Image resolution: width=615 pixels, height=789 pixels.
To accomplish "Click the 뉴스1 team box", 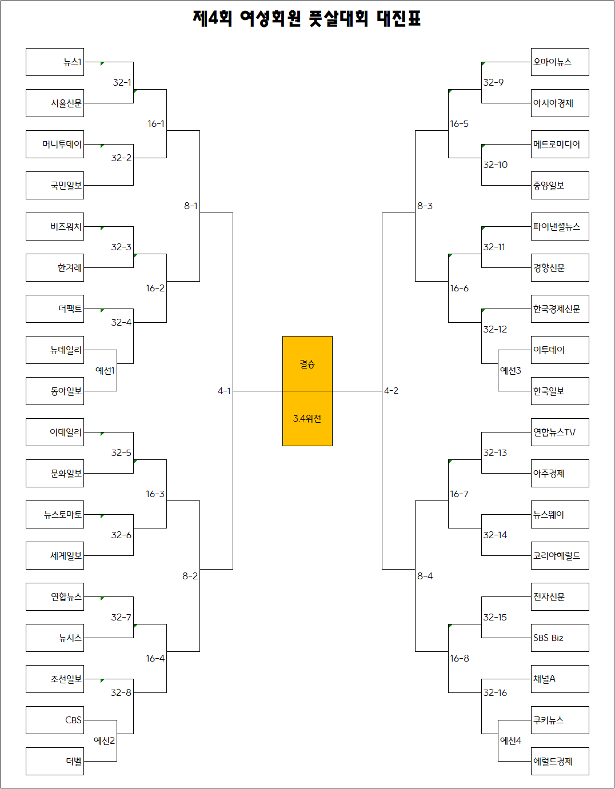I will tap(55, 62).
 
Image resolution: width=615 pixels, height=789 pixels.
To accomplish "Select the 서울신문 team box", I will tap(55, 103).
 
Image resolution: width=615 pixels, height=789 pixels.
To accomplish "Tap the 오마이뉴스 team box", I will tap(560, 62).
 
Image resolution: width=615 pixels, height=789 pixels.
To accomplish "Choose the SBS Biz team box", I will tap(560, 638).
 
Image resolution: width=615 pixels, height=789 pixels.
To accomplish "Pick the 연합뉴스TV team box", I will tap(560, 432).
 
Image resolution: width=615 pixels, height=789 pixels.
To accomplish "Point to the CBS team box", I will tap(55, 720).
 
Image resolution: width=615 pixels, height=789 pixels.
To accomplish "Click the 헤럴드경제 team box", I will tap(560, 762).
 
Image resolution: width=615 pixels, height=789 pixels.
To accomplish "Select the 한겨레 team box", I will tap(55, 268).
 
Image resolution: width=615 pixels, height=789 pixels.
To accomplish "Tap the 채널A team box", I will tap(560, 679).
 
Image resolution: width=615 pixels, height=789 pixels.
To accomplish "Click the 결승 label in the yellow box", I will tap(307, 364).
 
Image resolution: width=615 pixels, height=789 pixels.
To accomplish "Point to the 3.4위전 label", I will tap(307, 419).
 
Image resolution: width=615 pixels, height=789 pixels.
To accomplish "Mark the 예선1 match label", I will tap(105, 370).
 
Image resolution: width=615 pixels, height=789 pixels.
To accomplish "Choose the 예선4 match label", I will tap(510, 740).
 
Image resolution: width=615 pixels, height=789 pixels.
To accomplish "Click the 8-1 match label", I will tap(191, 206).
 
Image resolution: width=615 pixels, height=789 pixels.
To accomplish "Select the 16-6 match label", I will tap(459, 288).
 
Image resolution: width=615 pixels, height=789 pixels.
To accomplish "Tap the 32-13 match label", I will tap(495, 452).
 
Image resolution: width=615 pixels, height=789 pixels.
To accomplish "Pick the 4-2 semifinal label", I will tap(391, 391).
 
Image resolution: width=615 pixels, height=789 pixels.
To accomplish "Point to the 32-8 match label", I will tap(121, 692).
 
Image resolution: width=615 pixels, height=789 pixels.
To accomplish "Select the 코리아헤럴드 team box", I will tap(560, 556).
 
